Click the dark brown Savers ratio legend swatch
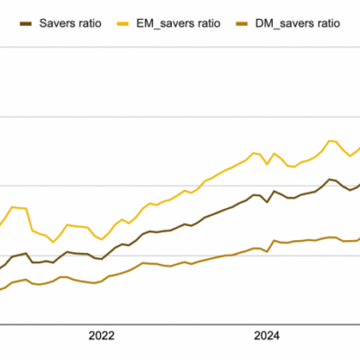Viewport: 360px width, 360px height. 25,23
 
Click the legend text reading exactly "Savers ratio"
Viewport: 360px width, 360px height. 70,23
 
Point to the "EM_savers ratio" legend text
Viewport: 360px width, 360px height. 178,23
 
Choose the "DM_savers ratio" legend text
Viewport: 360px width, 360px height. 298,23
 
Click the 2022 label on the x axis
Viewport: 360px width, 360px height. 102,336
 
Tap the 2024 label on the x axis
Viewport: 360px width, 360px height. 266,336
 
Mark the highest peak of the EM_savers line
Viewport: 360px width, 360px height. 329,140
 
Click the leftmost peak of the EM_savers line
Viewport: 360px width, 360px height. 12,207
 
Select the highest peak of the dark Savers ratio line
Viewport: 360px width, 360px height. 329,179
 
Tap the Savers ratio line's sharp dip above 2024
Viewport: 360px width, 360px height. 267,202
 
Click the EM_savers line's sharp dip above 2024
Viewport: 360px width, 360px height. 267,164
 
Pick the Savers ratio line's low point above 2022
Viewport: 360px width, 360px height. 102,259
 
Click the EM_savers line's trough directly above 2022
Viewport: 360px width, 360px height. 102,239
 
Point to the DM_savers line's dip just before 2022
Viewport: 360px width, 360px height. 94,283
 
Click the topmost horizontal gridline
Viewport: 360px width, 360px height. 180,47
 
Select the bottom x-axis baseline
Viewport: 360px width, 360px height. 180,324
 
